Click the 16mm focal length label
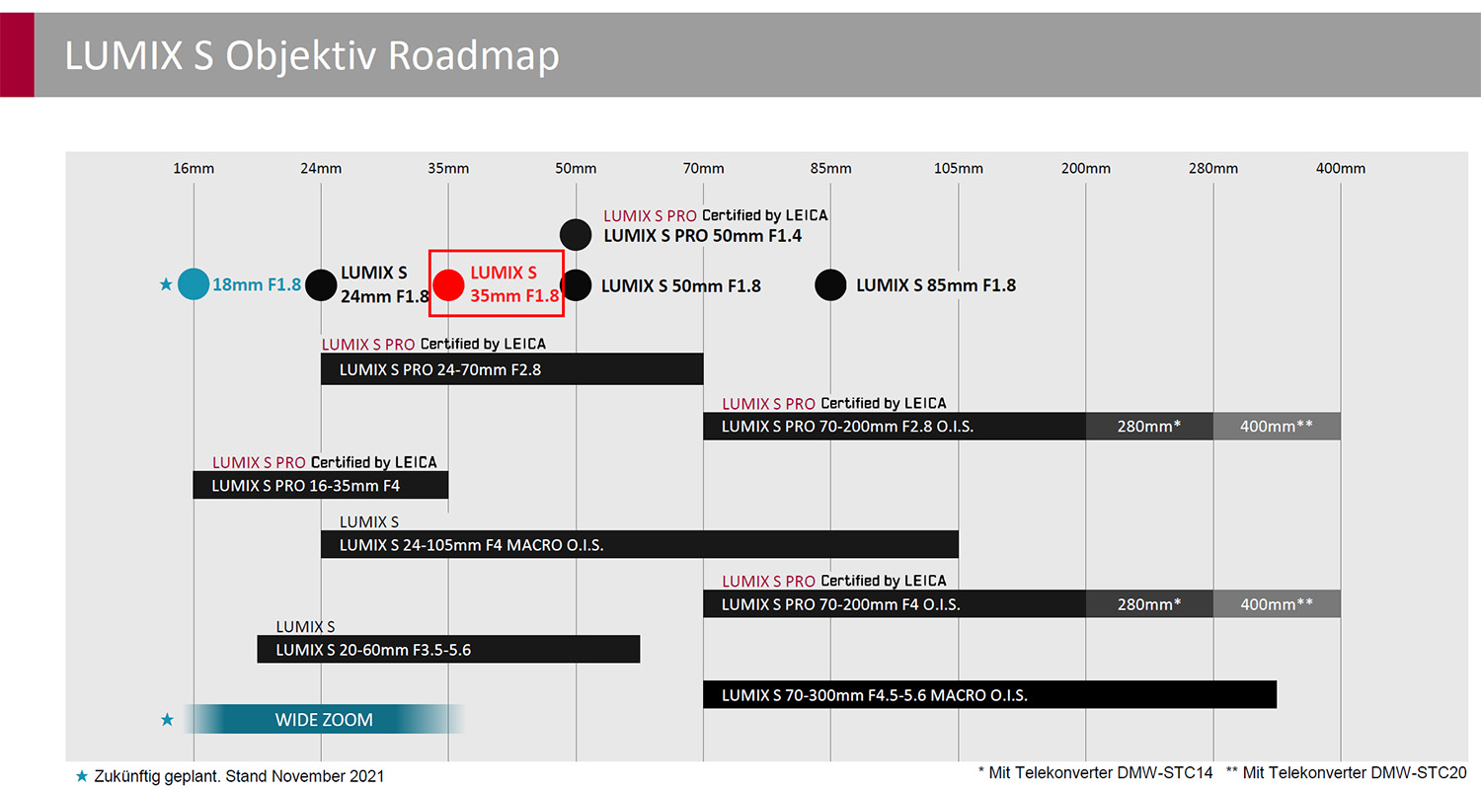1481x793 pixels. (x=194, y=169)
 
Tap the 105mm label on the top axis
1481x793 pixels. (x=958, y=169)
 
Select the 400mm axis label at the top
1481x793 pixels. (x=1340, y=169)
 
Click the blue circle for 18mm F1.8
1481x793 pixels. (x=194, y=284)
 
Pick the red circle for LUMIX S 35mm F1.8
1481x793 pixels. (x=449, y=285)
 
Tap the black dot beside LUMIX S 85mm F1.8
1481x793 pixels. (x=830, y=285)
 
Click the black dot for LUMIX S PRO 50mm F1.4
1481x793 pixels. (x=576, y=235)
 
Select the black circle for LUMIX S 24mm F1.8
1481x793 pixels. (x=321, y=285)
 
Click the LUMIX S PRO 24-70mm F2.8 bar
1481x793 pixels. (x=512, y=369)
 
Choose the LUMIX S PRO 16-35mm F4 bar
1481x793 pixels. (x=321, y=485)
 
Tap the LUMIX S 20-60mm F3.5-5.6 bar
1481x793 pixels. (x=448, y=650)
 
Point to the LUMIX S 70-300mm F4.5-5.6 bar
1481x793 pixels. (x=989, y=694)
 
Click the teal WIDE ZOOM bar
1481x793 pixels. (x=324, y=719)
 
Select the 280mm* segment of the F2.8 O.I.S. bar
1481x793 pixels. (x=1149, y=426)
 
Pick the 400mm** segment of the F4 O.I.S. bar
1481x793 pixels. (x=1277, y=603)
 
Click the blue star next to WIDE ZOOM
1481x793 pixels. (x=167, y=719)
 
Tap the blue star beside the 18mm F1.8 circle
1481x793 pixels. (x=166, y=284)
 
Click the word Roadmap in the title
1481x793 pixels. (x=473, y=55)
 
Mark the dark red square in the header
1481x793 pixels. (x=17, y=55)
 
